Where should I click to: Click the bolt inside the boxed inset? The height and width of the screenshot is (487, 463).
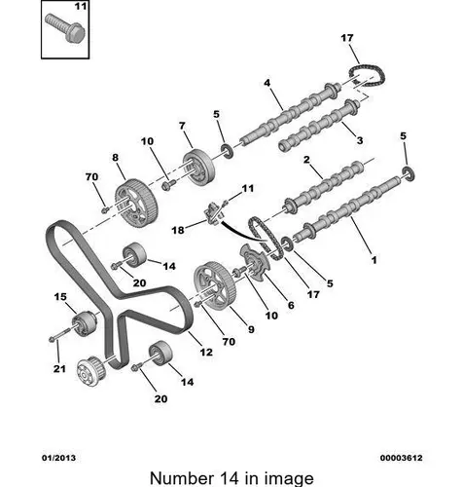pyautogui.click(x=65, y=27)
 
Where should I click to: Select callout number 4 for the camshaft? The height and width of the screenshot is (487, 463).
pyautogui.click(x=267, y=83)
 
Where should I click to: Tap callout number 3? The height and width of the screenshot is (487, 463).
pyautogui.click(x=359, y=140)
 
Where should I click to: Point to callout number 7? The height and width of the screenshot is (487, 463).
pyautogui.click(x=182, y=126)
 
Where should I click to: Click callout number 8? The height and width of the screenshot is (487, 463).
pyautogui.click(x=116, y=158)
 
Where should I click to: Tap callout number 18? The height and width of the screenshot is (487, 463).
pyautogui.click(x=178, y=230)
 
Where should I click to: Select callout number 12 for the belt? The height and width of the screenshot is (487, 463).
pyautogui.click(x=206, y=352)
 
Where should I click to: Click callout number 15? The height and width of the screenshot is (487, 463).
pyautogui.click(x=60, y=297)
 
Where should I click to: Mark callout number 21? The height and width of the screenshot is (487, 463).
pyautogui.click(x=59, y=369)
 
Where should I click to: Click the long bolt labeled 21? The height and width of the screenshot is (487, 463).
pyautogui.click(x=60, y=334)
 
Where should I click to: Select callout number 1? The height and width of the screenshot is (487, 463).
pyautogui.click(x=374, y=260)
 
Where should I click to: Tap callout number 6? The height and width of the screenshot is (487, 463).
pyautogui.click(x=291, y=305)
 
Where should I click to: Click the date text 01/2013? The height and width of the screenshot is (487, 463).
pyautogui.click(x=58, y=458)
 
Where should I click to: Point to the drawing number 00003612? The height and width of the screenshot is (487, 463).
pyautogui.click(x=402, y=458)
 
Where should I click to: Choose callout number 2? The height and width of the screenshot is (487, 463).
pyautogui.click(x=306, y=160)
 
